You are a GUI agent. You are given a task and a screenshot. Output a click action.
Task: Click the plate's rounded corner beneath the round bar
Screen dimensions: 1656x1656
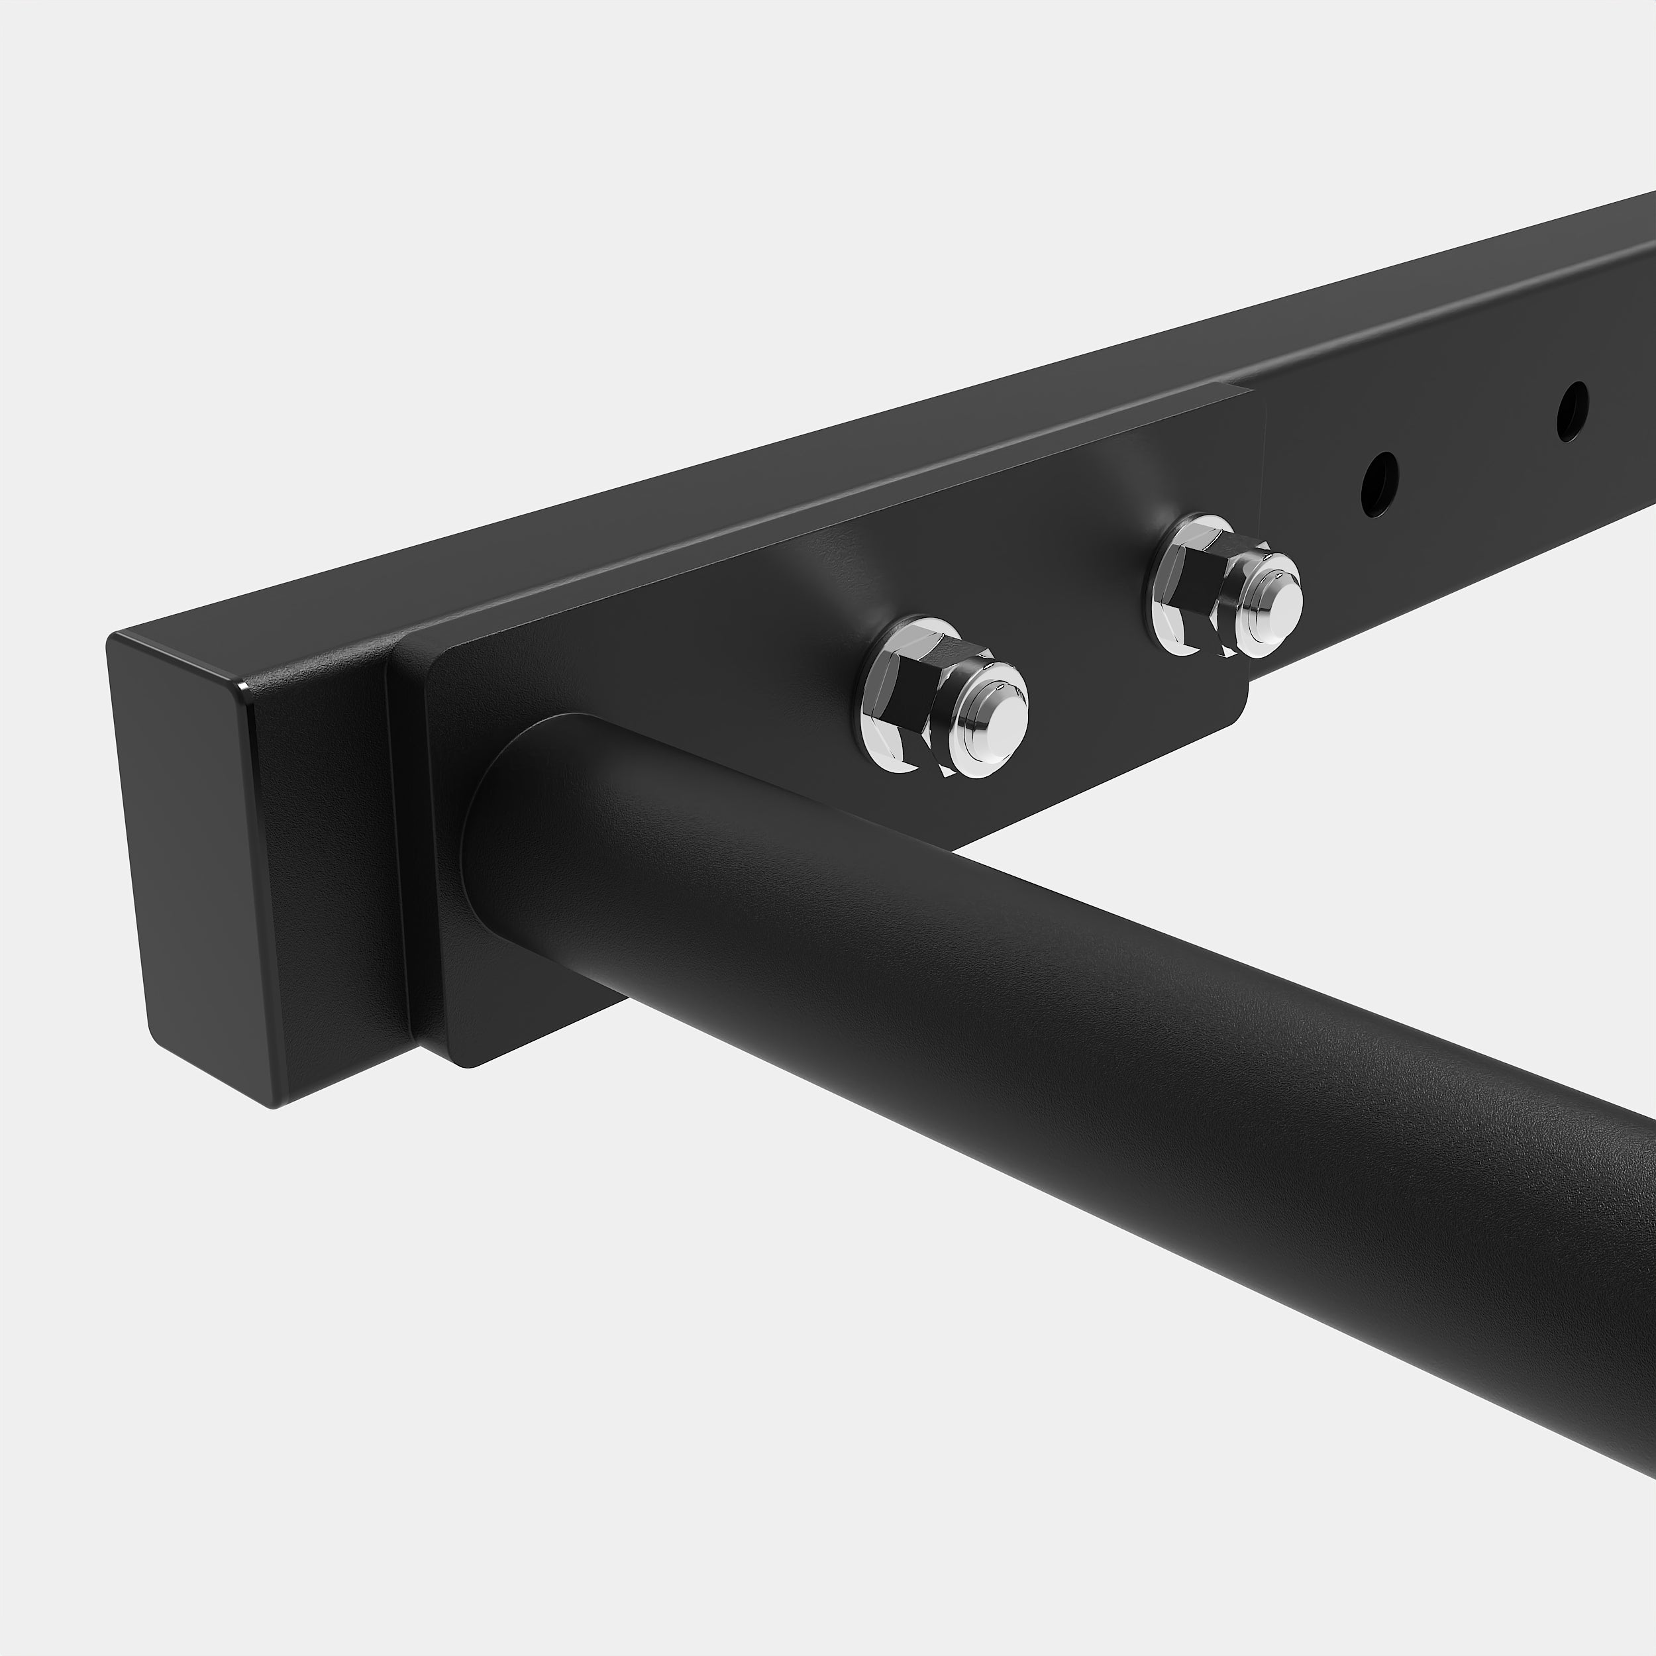pos(467,1063)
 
